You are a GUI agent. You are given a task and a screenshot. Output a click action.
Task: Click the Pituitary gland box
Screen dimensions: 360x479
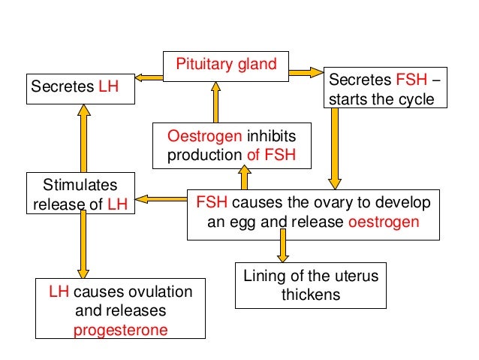[226, 66]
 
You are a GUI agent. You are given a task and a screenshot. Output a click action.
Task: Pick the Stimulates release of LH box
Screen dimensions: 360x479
[81, 193]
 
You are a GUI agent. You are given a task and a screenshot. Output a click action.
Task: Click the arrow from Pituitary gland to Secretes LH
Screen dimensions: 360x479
[149, 75]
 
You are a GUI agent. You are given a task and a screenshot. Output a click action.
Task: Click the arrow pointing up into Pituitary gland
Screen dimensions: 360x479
[215, 102]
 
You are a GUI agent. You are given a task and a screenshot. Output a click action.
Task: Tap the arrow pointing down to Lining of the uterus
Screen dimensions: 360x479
[283, 246]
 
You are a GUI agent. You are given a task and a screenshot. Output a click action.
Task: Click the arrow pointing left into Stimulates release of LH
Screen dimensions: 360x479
[161, 199]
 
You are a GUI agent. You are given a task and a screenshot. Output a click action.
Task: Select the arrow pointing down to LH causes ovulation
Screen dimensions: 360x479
[83, 246]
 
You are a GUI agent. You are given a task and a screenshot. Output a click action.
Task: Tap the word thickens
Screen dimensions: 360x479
[310, 294]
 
